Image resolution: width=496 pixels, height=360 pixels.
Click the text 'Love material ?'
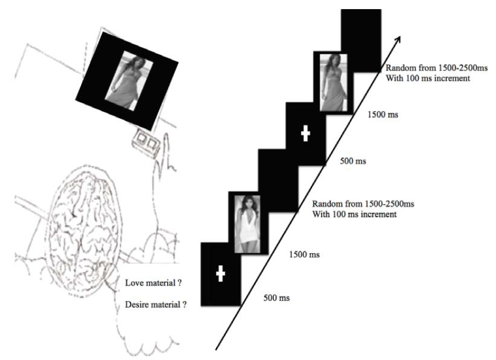pos(153,283)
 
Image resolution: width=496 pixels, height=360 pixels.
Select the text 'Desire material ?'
pos(155,304)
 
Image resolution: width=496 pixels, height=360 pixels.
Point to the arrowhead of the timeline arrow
pos(398,39)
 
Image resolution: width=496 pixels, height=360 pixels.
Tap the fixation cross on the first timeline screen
pos(221,274)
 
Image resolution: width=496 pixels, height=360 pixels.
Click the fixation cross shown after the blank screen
pos(305,133)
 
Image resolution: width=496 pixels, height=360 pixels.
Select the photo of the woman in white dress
pos(247,224)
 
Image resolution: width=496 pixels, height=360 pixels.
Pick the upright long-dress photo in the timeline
pos(334,83)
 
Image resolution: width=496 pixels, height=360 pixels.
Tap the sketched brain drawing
pos(83,231)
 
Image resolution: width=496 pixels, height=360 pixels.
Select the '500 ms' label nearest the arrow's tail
pos(276,298)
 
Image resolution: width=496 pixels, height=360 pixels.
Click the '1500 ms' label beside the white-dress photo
pos(304,254)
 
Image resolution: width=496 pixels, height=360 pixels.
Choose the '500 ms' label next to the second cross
pos(353,161)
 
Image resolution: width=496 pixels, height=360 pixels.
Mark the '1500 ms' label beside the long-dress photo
pos(382,114)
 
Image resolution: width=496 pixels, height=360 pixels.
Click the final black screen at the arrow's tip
pos(361,40)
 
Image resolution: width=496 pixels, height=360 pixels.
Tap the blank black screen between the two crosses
pos(278,181)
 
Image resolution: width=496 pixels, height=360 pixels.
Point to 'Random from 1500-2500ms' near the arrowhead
pos(436,68)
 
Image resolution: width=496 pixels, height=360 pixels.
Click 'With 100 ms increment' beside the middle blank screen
pos(354,215)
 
